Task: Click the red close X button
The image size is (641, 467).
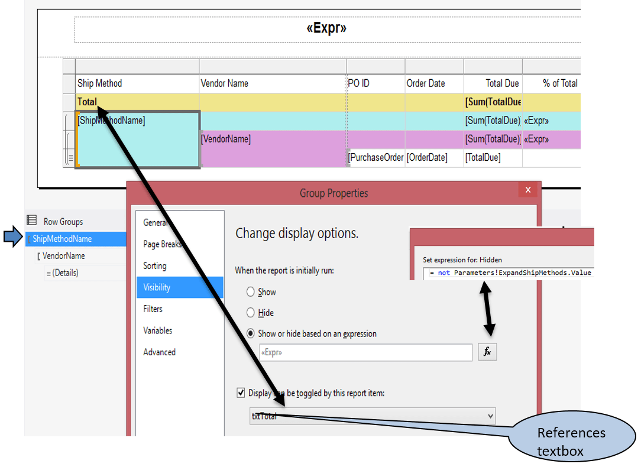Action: [x=527, y=190]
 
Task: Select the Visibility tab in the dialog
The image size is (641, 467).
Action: [x=157, y=287]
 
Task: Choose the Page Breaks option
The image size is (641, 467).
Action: [x=162, y=244]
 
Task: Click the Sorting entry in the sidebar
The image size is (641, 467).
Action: [x=155, y=266]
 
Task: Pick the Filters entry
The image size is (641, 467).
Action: [x=153, y=309]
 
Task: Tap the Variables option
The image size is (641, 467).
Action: [x=158, y=330]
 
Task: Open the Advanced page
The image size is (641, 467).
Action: [x=159, y=352]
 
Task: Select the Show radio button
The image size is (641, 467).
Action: [x=251, y=292]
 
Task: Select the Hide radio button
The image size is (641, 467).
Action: [x=251, y=313]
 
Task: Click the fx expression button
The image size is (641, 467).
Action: [x=487, y=352]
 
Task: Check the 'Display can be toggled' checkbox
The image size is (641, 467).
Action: [x=241, y=393]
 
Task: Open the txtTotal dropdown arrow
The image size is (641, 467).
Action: [x=490, y=416]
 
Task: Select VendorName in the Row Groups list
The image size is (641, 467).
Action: [x=63, y=256]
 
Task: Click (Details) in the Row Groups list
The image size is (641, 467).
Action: [x=65, y=273]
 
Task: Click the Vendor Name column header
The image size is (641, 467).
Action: [x=225, y=83]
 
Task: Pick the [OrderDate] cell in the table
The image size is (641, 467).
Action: [x=427, y=158]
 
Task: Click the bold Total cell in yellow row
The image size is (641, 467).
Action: [x=87, y=102]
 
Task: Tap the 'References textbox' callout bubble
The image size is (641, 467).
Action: [x=571, y=442]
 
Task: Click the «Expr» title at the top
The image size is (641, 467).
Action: [x=326, y=28]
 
